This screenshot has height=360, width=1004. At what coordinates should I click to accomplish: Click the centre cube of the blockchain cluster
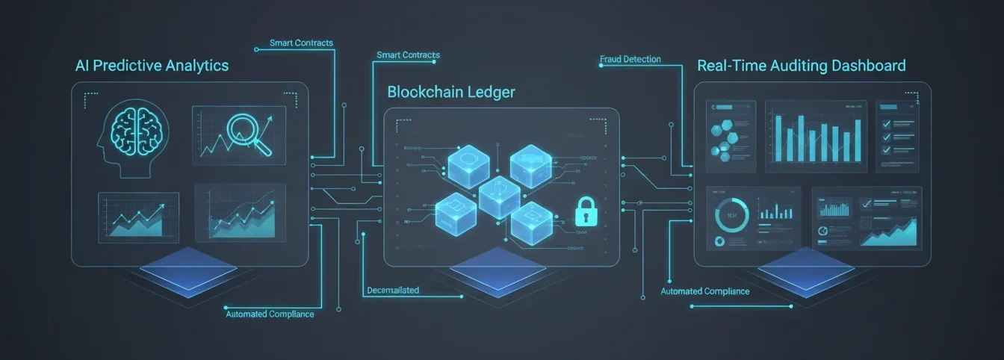499,196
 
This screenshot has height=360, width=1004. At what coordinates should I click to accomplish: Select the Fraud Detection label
630,59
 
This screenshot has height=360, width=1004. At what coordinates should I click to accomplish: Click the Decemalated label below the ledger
393,290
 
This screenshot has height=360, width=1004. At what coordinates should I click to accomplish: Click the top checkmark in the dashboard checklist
887,123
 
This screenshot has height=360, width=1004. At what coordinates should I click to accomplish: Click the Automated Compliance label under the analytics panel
270,314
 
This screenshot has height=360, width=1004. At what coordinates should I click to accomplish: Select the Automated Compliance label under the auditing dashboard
704,291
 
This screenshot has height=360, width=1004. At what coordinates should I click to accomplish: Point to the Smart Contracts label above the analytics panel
301,43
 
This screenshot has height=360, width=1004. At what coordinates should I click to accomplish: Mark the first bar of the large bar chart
779,137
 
